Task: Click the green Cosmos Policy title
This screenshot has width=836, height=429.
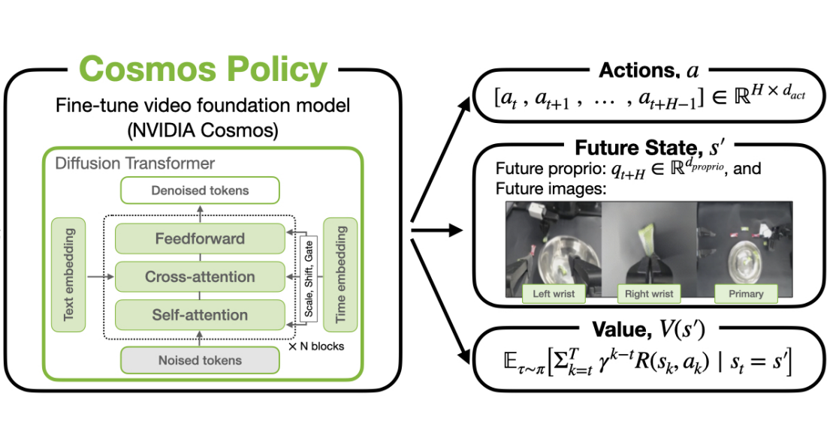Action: click(203, 70)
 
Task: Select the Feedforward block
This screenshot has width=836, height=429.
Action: click(200, 238)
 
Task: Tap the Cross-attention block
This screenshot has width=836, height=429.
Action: click(200, 277)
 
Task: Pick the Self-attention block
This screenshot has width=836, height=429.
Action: click(200, 315)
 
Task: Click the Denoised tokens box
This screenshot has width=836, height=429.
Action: click(200, 190)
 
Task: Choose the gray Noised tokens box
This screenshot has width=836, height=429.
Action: click(200, 360)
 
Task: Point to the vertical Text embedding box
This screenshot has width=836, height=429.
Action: click(68, 274)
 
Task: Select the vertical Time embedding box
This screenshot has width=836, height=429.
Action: click(340, 274)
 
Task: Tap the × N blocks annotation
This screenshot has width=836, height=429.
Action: click(316, 346)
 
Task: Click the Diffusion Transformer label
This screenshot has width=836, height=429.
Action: click(135, 163)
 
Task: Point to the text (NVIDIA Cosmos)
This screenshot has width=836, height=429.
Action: click(203, 129)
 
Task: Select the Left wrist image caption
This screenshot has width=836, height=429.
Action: click(554, 293)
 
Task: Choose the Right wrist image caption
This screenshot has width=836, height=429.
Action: click(649, 293)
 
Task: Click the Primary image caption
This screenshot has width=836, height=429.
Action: click(746, 293)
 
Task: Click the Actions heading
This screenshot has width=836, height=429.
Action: click(648, 70)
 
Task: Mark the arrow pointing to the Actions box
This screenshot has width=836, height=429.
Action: click(442, 160)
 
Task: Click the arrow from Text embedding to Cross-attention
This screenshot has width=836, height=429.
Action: click(101, 277)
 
